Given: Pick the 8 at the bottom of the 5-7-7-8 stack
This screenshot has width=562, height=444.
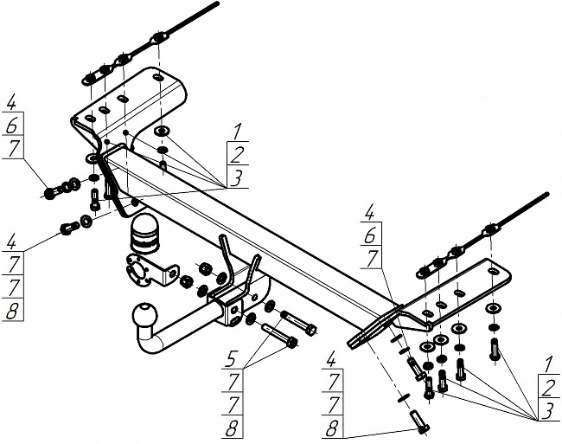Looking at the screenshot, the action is [233, 428].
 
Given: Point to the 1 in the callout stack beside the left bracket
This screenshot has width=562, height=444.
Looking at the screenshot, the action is [237, 132].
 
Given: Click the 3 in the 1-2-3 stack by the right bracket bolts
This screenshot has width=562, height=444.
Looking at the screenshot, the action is [548, 411].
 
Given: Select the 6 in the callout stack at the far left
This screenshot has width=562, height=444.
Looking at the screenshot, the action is [12, 125].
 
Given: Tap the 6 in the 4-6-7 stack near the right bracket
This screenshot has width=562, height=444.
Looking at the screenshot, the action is [370, 236].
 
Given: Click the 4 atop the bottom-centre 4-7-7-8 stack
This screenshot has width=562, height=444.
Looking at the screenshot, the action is [332, 361].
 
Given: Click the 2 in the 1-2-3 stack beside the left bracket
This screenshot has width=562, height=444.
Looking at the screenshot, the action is [237, 155].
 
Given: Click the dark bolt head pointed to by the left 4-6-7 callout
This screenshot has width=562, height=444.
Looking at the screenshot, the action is [49, 194].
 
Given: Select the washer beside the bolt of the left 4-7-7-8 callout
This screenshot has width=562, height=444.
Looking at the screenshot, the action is [86, 221].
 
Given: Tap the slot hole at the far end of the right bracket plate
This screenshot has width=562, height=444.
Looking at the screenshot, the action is [493, 271].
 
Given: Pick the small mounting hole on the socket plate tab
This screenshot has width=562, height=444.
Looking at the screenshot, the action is [172, 274].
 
